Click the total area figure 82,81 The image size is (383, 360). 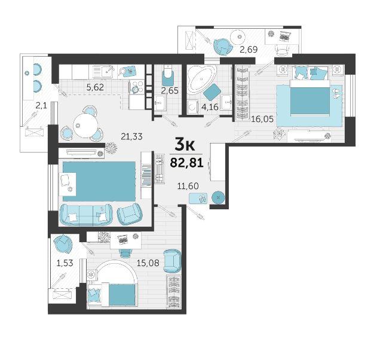[x=186, y=162]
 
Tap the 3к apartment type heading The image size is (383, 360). [x=185, y=145]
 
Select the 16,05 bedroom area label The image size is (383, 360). [x=262, y=119]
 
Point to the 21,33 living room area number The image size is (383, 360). [x=131, y=136]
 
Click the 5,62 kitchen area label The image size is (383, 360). [x=95, y=87]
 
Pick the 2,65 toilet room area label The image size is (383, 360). [x=170, y=91]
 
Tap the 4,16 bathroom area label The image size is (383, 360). [x=209, y=106]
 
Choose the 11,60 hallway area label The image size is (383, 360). [x=188, y=186]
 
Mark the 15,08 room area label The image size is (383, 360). [x=148, y=263]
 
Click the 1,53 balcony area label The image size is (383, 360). [x=65, y=263]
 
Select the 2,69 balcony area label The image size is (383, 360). [x=249, y=50]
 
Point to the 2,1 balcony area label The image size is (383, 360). [x=41, y=106]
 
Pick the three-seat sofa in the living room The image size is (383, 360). [x=86, y=215]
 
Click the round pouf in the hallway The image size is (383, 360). [x=218, y=197]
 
